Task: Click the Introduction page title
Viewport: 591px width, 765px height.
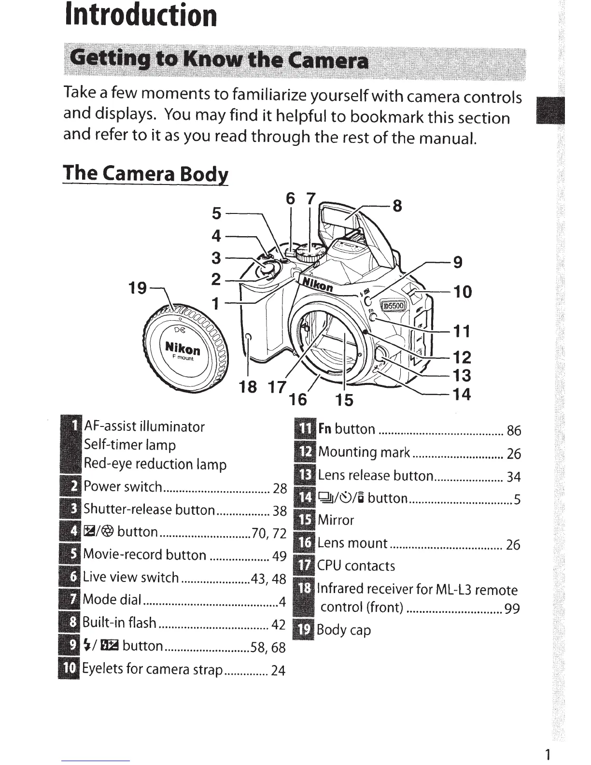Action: click(141, 15)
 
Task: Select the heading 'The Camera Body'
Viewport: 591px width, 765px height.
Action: click(145, 173)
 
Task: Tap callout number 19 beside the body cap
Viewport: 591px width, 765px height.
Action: click(137, 288)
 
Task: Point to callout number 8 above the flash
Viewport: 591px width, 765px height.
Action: click(397, 206)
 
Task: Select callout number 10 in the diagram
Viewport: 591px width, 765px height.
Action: click(463, 292)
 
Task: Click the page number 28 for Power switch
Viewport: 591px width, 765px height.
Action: click(280, 488)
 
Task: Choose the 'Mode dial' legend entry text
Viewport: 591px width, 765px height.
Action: click(112, 600)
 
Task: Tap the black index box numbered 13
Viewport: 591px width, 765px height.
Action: click(305, 475)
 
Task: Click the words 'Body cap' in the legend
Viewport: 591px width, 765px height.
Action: click(344, 630)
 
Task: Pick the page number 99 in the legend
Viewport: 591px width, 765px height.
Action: click(512, 609)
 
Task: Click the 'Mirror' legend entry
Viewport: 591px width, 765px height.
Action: click(336, 520)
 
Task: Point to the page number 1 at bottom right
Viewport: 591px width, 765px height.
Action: click(547, 754)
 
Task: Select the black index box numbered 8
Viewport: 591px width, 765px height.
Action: click(70, 623)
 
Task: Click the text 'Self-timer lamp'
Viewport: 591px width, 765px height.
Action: click(130, 445)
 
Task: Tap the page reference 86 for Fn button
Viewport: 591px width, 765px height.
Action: click(514, 430)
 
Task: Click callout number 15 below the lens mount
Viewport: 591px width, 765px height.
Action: click(345, 399)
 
